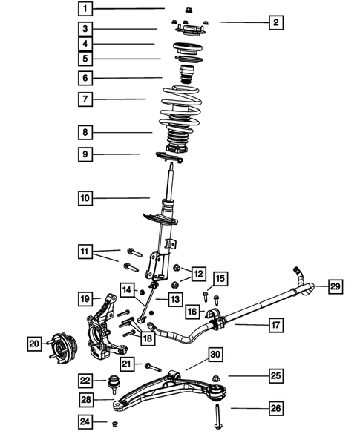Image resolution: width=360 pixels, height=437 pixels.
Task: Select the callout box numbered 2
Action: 275,23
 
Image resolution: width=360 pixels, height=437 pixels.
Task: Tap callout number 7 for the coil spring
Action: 87,99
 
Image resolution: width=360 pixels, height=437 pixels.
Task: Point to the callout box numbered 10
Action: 87,198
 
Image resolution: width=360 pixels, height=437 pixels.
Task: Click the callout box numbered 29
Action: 335,286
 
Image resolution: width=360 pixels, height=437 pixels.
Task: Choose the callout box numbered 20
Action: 34,343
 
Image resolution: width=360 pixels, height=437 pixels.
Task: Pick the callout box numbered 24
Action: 87,423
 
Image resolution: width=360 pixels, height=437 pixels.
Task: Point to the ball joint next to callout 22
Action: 115,384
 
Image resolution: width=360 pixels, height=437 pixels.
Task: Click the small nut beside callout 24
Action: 114,424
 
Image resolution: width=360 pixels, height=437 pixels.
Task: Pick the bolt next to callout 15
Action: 216,300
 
